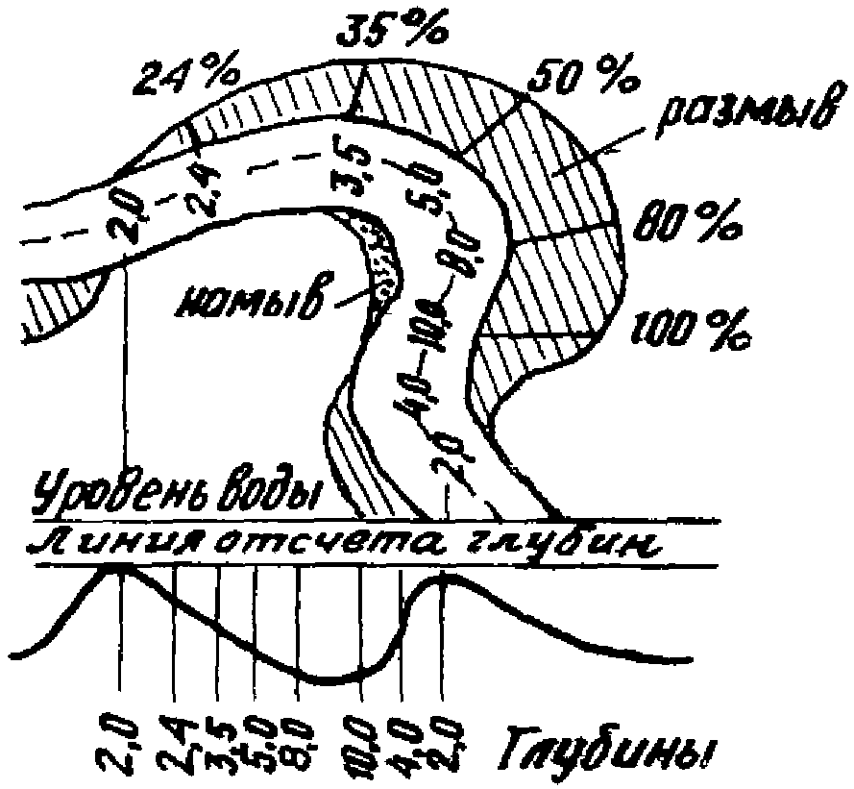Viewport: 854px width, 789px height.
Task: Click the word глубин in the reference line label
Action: point(576,545)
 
